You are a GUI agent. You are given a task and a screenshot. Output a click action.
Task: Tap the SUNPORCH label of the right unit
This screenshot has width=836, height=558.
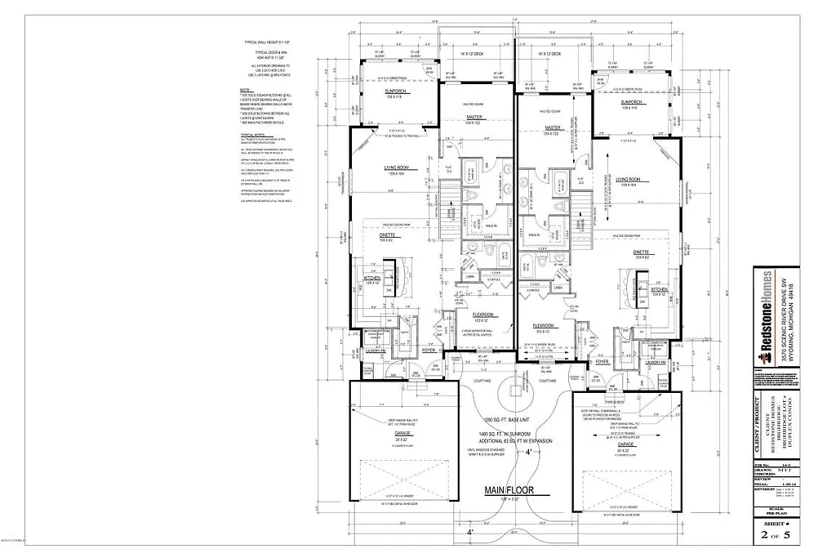point(630,103)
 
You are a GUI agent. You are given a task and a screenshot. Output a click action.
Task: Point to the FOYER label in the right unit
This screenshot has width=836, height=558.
point(603,360)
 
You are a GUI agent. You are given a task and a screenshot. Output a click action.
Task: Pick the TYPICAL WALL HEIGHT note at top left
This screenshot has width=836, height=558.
point(261,40)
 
